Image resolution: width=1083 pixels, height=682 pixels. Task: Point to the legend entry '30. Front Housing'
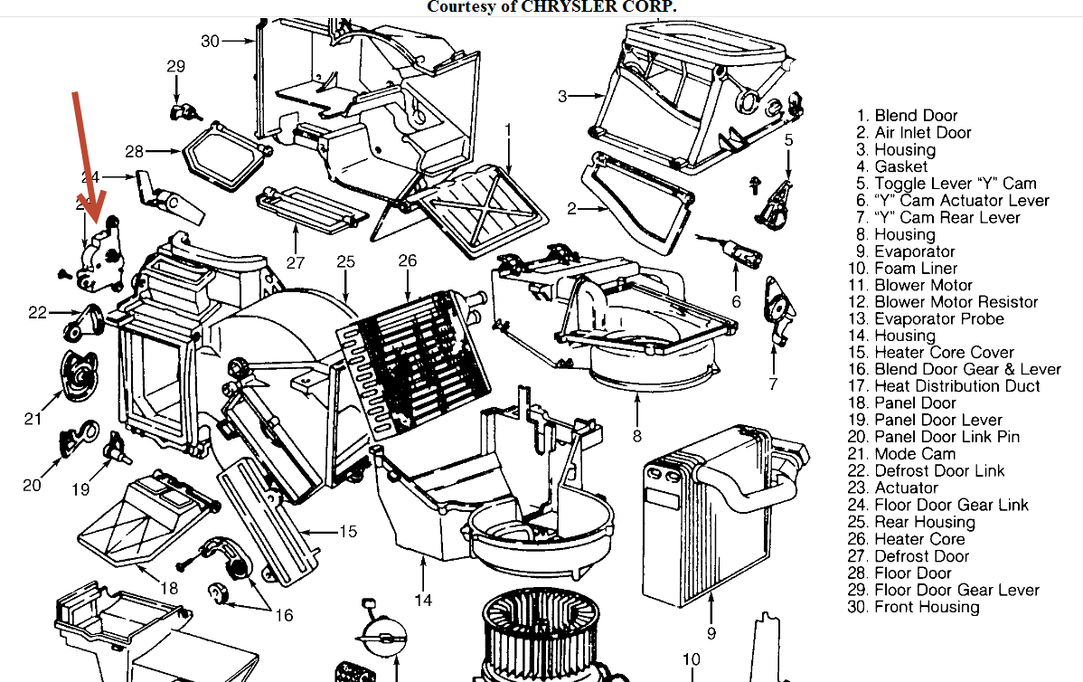(926, 607)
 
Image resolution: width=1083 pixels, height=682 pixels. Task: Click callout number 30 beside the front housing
(210, 41)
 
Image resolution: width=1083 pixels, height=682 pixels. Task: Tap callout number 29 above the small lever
(175, 66)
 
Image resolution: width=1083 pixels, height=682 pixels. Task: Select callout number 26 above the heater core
(408, 260)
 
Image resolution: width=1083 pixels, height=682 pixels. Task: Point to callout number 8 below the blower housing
(637, 436)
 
